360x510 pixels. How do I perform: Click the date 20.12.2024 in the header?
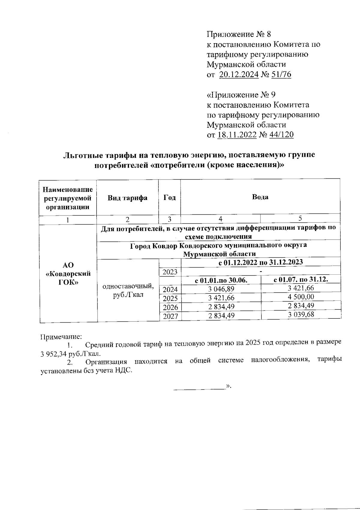(239, 75)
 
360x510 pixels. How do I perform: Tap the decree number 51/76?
(281, 75)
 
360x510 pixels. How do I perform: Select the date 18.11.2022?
(237, 135)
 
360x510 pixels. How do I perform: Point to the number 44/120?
(281, 135)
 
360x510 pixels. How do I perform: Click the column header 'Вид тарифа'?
(128, 198)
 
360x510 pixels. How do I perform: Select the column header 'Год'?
(169, 198)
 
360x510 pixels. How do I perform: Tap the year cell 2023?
(170, 272)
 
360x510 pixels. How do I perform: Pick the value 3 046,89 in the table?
(221, 289)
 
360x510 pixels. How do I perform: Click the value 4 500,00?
(301, 297)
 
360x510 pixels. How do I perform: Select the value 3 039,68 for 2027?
(301, 315)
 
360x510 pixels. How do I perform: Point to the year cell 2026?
(170, 307)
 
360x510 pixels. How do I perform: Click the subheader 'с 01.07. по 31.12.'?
(301, 280)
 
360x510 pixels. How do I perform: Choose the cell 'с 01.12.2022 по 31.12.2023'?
(260, 262)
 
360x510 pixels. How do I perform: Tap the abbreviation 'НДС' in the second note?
(124, 371)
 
